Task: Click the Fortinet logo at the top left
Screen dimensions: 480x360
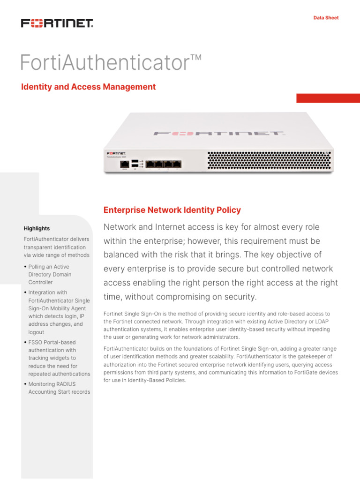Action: click(x=57, y=23)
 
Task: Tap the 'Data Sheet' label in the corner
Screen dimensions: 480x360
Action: click(x=326, y=18)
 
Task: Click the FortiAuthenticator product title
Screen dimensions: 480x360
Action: click(x=111, y=63)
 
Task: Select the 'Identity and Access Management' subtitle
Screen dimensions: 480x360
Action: click(x=89, y=87)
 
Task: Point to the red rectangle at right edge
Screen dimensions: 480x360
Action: click(x=328, y=98)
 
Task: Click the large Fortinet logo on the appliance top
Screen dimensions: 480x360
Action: click(x=219, y=134)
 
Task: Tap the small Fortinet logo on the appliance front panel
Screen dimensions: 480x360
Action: click(x=116, y=153)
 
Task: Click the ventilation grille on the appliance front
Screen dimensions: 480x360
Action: click(x=269, y=160)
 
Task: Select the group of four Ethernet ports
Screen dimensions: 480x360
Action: click(x=163, y=164)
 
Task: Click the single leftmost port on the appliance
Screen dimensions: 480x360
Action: click(x=125, y=164)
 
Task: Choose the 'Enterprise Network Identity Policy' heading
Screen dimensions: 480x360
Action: click(x=172, y=210)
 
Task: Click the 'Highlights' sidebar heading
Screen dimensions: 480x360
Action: click(x=37, y=228)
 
